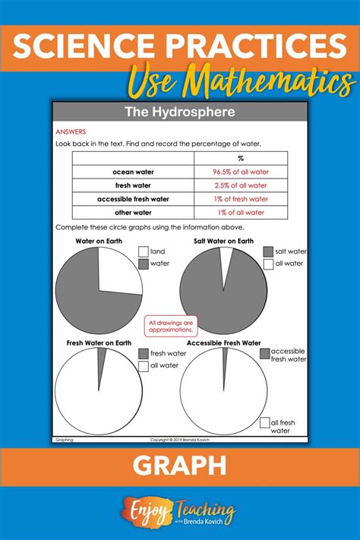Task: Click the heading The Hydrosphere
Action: point(180,113)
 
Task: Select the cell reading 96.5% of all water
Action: point(240,172)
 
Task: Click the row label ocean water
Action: point(134,172)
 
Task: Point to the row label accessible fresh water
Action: point(134,199)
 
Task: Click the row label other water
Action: point(134,213)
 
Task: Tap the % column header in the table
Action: point(240,159)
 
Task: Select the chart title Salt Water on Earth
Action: point(223,242)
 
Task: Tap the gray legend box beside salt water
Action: point(267,251)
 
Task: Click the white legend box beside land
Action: point(143,251)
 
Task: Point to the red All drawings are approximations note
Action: point(169,327)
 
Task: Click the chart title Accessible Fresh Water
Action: point(224,343)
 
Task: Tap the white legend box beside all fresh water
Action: point(264,422)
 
